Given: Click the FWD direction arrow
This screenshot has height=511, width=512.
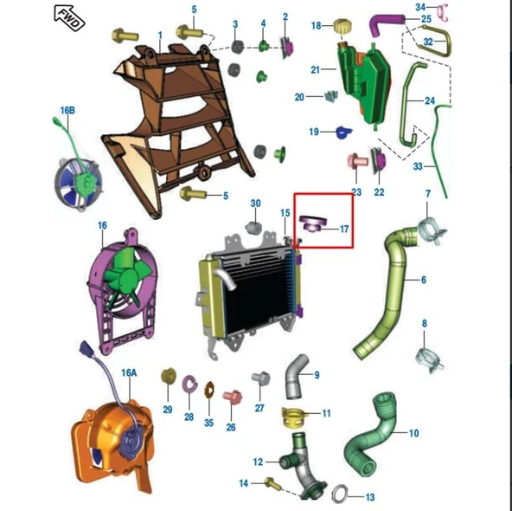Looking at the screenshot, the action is [x=69, y=18].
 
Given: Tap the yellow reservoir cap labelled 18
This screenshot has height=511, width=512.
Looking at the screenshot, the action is [x=342, y=26].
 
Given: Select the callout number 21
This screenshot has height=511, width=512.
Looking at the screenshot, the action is [x=315, y=69].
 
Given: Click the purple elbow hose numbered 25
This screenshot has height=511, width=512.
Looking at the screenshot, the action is [x=386, y=24].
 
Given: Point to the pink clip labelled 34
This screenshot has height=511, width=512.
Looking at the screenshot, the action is [x=443, y=12].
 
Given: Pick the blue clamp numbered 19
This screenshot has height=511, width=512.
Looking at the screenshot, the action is [x=343, y=133].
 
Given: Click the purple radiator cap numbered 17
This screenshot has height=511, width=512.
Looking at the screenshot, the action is [x=312, y=223].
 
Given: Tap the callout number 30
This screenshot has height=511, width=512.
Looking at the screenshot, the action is [x=255, y=204].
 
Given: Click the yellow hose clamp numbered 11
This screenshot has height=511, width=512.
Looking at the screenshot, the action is [x=293, y=417].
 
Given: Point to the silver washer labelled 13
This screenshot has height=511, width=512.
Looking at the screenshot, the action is [x=340, y=494].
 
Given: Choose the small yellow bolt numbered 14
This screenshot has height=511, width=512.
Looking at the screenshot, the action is [x=272, y=483].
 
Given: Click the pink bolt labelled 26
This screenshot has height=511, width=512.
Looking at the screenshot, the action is [x=233, y=397].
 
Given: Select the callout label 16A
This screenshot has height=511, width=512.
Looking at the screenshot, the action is [x=129, y=372].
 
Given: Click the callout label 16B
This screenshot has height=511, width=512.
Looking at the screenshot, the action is [x=67, y=111].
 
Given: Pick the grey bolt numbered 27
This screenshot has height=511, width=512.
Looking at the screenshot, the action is [x=261, y=378].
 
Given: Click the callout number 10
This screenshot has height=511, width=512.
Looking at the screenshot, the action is [x=413, y=433].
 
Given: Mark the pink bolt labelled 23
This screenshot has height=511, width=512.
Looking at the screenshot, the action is [x=357, y=161].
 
